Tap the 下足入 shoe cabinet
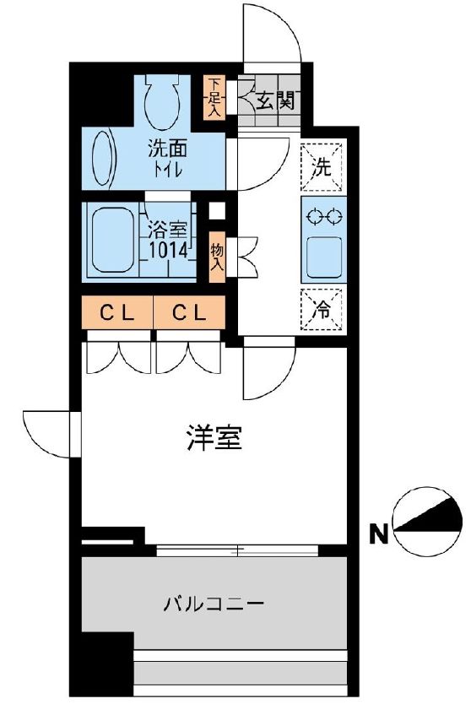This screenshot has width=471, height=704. click(x=216, y=98)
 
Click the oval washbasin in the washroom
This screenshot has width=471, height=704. click(x=101, y=158)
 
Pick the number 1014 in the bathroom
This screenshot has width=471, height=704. click(x=168, y=250)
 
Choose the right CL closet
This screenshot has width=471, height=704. click(x=189, y=312)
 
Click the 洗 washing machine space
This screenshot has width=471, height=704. click(x=322, y=166)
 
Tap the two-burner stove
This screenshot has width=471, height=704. click(x=324, y=217)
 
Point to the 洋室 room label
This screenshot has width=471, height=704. click(x=214, y=439)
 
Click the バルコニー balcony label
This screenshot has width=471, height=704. click(x=214, y=604)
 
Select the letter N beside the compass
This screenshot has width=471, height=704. click(x=378, y=533)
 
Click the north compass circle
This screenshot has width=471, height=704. click(x=429, y=523)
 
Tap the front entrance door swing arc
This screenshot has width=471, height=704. click(x=272, y=34)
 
